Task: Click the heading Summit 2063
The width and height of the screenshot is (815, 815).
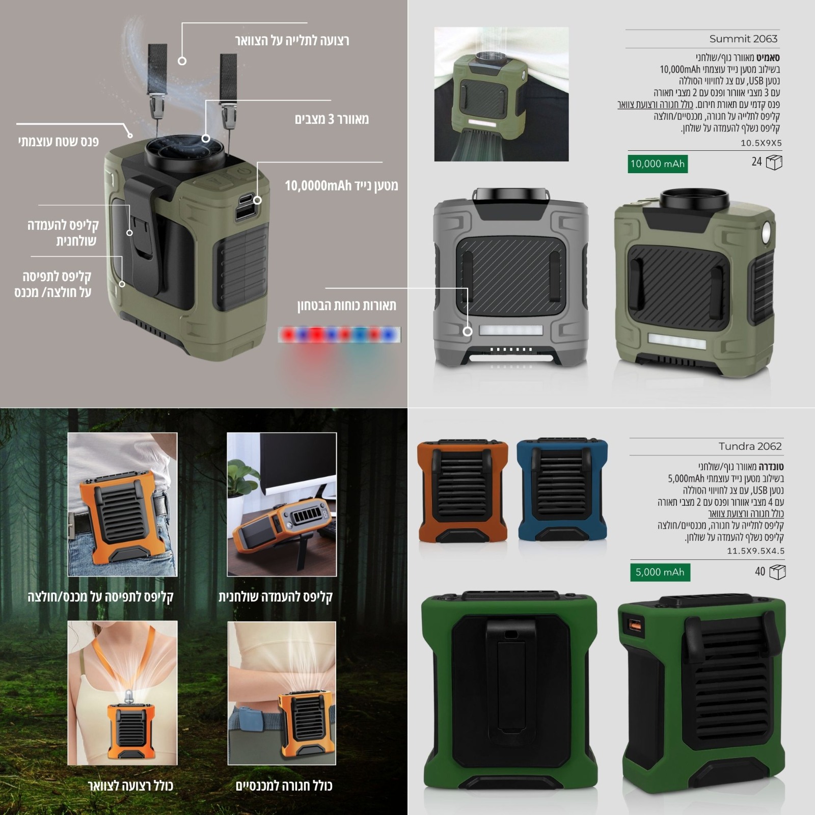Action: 743,39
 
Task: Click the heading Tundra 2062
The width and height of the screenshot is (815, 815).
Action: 750,446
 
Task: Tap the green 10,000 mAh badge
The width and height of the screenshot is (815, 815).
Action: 658,164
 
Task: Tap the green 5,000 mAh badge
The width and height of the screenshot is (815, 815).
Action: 660,572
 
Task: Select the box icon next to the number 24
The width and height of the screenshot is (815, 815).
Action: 774,162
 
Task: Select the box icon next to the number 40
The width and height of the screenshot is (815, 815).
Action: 777,572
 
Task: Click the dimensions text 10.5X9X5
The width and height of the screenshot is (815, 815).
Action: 761,143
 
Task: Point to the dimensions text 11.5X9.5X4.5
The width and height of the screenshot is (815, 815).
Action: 756,551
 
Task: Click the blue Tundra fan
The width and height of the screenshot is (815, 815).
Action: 562,490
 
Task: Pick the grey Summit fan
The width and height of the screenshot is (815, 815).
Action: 511,277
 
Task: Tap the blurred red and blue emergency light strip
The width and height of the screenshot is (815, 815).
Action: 340,335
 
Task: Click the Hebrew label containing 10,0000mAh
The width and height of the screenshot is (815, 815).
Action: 341,185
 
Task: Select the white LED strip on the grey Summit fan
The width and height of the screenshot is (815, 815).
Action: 511,330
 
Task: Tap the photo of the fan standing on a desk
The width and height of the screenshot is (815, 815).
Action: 282,504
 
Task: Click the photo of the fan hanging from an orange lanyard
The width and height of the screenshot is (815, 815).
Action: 123,693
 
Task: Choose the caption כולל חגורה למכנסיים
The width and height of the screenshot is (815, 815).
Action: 284,785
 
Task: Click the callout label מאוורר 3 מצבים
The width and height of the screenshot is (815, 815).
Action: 332,119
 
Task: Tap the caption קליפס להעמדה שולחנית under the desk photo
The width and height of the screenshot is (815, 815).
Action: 276,596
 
